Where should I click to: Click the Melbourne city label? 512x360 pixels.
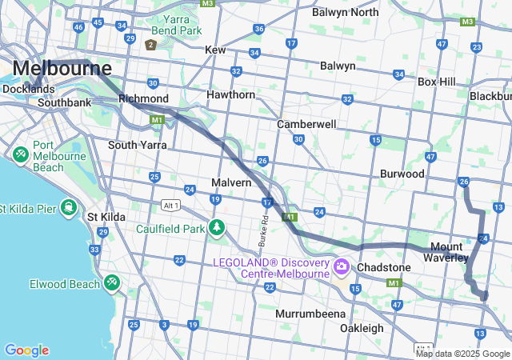61,68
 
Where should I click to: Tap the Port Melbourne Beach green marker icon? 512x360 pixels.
20,151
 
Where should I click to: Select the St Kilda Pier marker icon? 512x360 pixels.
70,209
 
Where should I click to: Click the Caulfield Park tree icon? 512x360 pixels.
216,228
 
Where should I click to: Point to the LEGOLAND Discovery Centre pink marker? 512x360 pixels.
342,266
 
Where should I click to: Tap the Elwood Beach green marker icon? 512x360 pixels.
111,282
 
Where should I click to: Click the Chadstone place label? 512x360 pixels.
384,267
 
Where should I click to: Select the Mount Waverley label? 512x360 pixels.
449,252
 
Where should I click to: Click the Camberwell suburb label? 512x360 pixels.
306,125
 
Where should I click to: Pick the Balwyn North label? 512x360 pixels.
345,12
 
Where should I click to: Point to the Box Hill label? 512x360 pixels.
436,82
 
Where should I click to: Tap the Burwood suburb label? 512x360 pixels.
402,174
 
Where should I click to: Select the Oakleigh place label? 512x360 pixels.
362,328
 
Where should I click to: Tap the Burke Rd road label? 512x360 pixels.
262,230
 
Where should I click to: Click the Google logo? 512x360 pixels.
26,350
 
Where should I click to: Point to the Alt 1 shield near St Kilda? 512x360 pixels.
170,205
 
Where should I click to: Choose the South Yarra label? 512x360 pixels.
138,145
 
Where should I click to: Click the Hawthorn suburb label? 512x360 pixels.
230,94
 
